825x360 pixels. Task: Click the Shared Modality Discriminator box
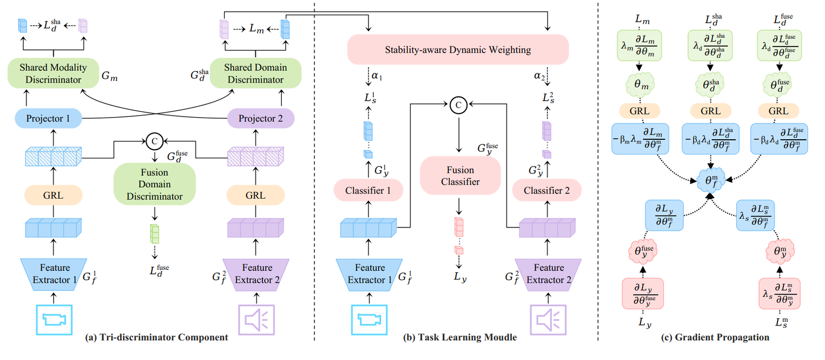(x=53, y=73)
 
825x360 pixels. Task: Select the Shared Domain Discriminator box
(x=255, y=73)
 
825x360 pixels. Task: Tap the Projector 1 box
(x=48, y=118)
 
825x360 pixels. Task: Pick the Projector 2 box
(x=260, y=118)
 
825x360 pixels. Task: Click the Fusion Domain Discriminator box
(x=154, y=184)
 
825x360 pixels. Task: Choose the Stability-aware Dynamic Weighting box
(x=457, y=50)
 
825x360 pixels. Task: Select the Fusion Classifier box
(x=460, y=176)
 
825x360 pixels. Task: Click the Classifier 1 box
(x=368, y=190)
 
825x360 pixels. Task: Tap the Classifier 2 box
(x=547, y=190)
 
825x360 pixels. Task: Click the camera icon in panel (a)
(x=54, y=320)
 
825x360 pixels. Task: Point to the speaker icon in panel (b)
(x=548, y=320)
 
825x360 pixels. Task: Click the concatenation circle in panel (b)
(x=458, y=105)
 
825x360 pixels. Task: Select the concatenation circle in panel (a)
(x=154, y=141)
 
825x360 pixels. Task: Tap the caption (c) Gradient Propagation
(x=715, y=337)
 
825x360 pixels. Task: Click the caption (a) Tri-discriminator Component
(x=156, y=337)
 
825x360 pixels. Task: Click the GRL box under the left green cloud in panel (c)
(x=639, y=111)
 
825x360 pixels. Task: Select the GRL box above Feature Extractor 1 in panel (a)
(x=53, y=195)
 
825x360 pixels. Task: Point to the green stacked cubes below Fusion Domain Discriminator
(x=154, y=234)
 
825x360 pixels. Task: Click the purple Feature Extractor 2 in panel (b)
(x=548, y=274)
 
